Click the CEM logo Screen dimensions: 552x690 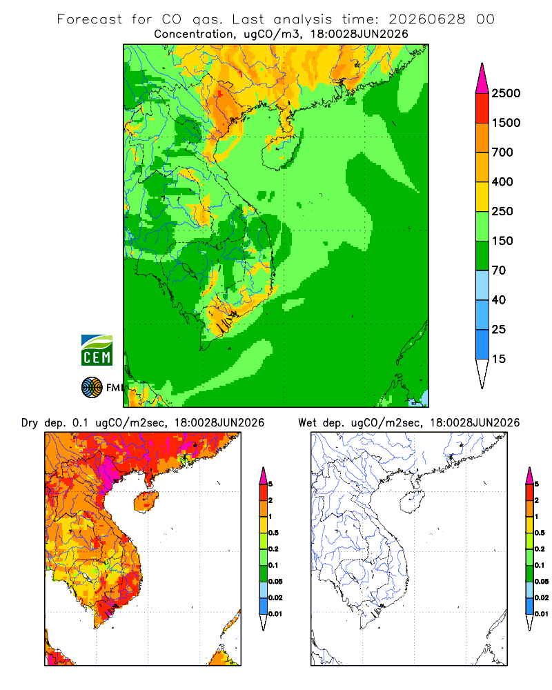tap(97, 351)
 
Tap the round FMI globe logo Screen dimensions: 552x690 tap(92, 388)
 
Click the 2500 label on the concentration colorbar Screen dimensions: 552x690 tap(506, 93)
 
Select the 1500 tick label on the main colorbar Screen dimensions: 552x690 tap(506, 123)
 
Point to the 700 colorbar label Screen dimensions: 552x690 tap(502, 152)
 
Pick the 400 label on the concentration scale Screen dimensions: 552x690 tap(502, 181)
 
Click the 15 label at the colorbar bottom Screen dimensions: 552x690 tap(499, 359)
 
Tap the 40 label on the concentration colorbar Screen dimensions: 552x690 tap(499, 300)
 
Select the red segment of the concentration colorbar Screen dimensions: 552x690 tap(482, 108)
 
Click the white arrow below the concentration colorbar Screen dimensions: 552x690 tap(482, 372)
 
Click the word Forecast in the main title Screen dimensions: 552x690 tap(90, 19)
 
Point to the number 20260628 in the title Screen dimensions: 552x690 tap(427, 19)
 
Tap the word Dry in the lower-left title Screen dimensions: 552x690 tap(30, 424)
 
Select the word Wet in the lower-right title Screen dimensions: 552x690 tap(307, 423)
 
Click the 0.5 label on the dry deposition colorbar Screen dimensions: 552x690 tap(273, 533)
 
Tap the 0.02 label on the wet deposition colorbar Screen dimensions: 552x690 tap(542, 598)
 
